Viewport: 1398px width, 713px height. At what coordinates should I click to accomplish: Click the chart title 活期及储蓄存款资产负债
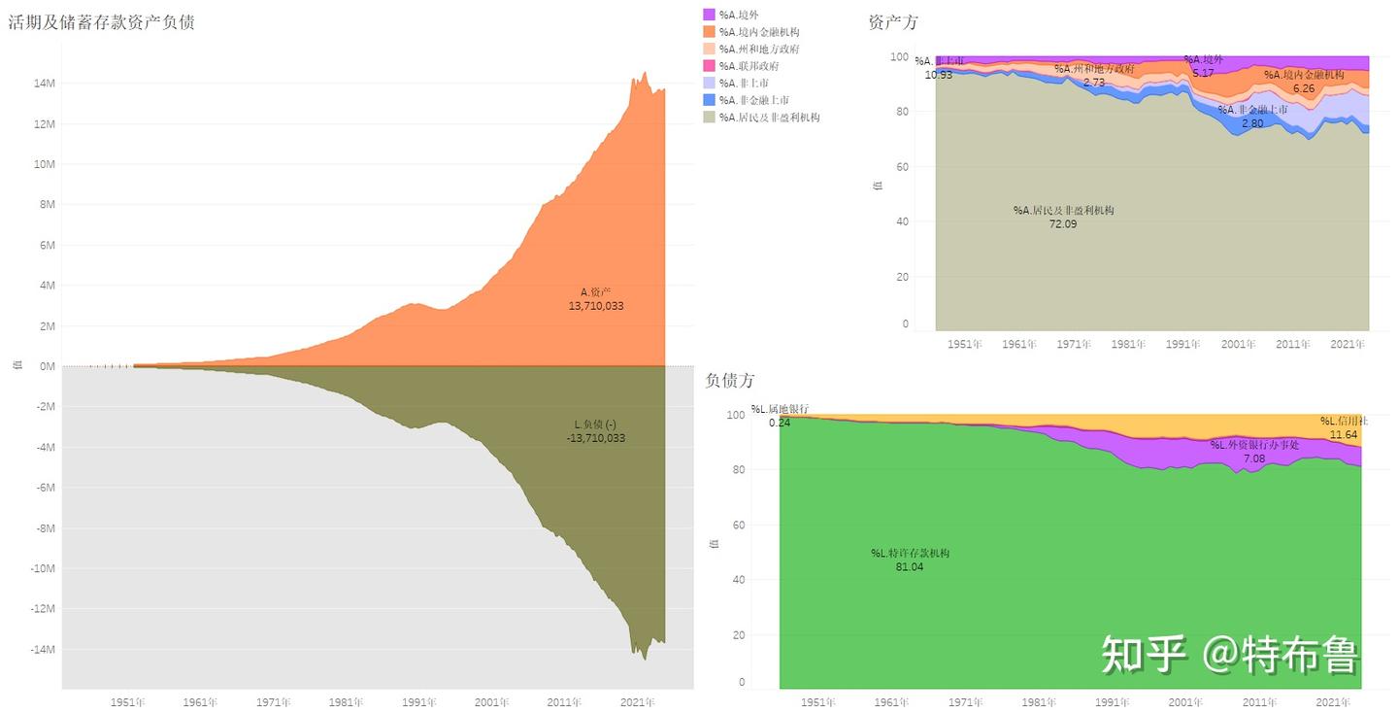(x=102, y=22)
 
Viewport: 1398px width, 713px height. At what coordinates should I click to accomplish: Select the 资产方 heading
(x=893, y=22)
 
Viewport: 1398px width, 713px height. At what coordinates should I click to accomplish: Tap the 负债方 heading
(x=730, y=381)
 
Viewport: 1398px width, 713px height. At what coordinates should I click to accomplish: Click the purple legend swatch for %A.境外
(x=709, y=15)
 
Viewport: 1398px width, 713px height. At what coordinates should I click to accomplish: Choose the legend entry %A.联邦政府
(x=749, y=66)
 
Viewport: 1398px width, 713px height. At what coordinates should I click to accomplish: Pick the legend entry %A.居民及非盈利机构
(x=769, y=118)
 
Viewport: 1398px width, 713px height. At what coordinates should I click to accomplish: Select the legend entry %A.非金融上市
(x=753, y=100)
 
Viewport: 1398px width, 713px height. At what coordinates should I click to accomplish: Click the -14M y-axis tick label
(x=43, y=650)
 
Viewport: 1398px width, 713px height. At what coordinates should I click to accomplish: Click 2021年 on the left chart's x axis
(x=637, y=702)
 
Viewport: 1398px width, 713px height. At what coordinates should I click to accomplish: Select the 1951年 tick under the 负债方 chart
(x=818, y=702)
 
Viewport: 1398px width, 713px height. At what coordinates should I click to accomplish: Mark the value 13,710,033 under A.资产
(x=596, y=306)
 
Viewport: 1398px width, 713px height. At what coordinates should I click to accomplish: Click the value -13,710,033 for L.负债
(x=596, y=438)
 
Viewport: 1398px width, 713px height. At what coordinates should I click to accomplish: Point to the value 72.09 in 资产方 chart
(x=1063, y=224)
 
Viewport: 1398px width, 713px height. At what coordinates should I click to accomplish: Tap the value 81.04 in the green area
(x=910, y=567)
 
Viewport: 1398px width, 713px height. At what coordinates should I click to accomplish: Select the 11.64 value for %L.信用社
(x=1344, y=435)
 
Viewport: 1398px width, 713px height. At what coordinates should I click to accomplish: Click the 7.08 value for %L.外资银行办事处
(x=1253, y=458)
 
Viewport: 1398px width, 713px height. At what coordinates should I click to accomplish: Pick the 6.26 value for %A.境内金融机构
(x=1303, y=88)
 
